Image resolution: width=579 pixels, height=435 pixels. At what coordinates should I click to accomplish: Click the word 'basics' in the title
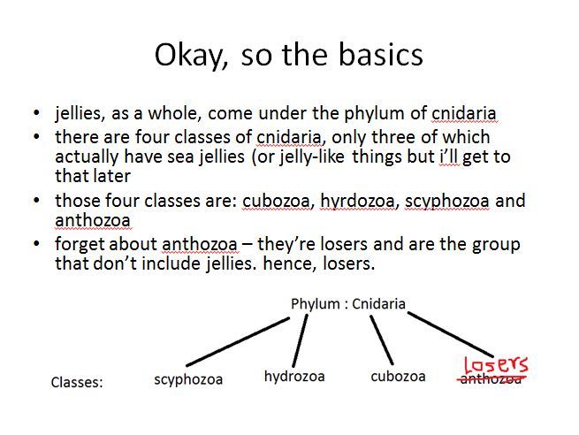pyautogui.click(x=380, y=55)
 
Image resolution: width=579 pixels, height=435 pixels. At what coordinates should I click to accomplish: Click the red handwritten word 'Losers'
pyautogui.click(x=496, y=364)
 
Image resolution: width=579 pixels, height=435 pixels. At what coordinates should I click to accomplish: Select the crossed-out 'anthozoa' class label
pyautogui.click(x=491, y=379)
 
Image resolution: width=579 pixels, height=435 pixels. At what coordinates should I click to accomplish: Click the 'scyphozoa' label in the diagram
pyautogui.click(x=188, y=379)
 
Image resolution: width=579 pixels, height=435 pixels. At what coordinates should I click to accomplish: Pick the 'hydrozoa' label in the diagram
pyautogui.click(x=294, y=377)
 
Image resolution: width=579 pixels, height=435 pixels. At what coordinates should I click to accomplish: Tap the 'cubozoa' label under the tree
pyautogui.click(x=398, y=377)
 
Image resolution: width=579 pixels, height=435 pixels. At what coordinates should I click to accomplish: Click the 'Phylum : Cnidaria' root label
pyautogui.click(x=348, y=304)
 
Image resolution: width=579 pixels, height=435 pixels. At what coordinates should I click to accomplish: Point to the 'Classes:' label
pyautogui.click(x=77, y=382)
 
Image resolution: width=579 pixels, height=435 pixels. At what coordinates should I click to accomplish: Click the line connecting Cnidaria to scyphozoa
pyautogui.click(x=238, y=342)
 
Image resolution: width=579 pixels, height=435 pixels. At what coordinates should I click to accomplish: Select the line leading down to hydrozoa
pyautogui.click(x=300, y=340)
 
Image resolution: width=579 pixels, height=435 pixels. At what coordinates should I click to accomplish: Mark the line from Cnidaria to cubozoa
pyautogui.click(x=382, y=340)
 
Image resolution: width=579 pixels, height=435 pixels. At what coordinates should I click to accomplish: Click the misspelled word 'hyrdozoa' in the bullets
pyautogui.click(x=357, y=202)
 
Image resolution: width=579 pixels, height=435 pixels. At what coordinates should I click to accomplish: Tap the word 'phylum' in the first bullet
pyautogui.click(x=375, y=114)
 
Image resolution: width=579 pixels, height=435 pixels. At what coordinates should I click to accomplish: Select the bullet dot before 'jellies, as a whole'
pyautogui.click(x=36, y=112)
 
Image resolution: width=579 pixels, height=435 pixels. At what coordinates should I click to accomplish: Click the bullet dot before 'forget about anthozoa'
pyautogui.click(x=36, y=244)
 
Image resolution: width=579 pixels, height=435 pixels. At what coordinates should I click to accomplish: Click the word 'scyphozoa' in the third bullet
pyautogui.click(x=446, y=202)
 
